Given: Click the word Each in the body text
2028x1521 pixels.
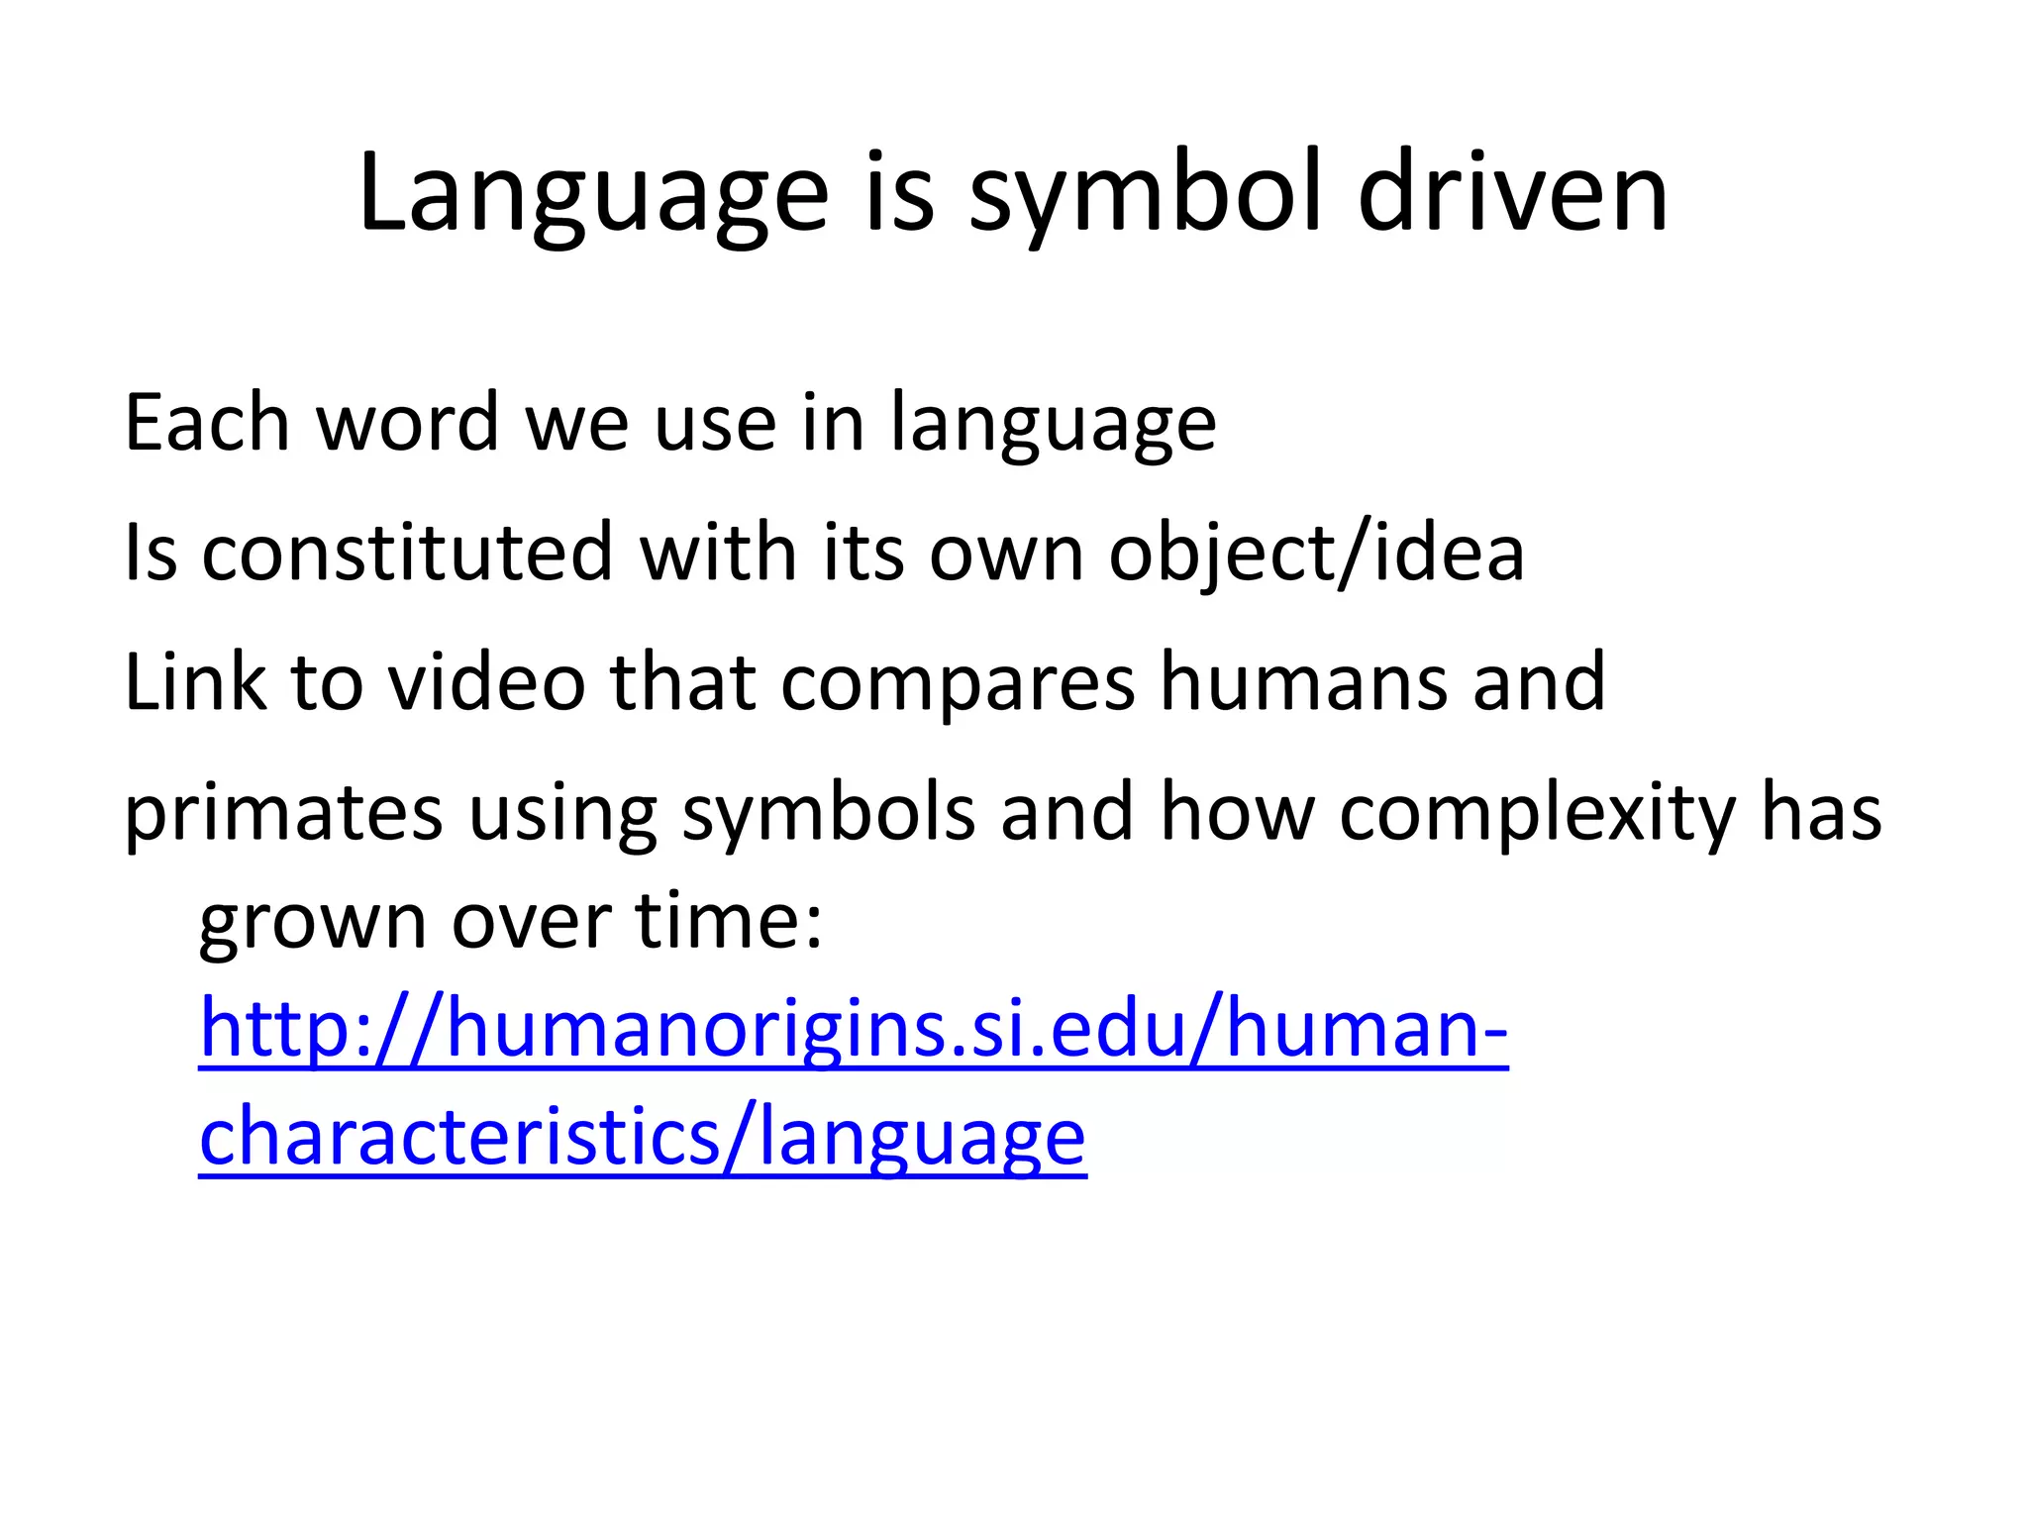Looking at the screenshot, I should click(x=206, y=423).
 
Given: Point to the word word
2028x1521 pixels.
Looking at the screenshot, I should click(x=407, y=423).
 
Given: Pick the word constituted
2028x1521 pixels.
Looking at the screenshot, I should click(x=407, y=553).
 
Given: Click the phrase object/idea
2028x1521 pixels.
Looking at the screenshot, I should click(x=1316, y=553).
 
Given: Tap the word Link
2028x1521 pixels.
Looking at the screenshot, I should click(x=195, y=682).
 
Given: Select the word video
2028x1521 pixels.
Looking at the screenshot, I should click(x=486, y=682).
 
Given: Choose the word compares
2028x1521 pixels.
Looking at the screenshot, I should click(x=957, y=682).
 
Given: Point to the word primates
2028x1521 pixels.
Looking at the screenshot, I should click(x=283, y=814).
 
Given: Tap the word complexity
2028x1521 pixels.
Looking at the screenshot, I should click(x=1537, y=814).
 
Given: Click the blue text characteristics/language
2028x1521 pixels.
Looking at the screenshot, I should click(x=643, y=1138).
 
